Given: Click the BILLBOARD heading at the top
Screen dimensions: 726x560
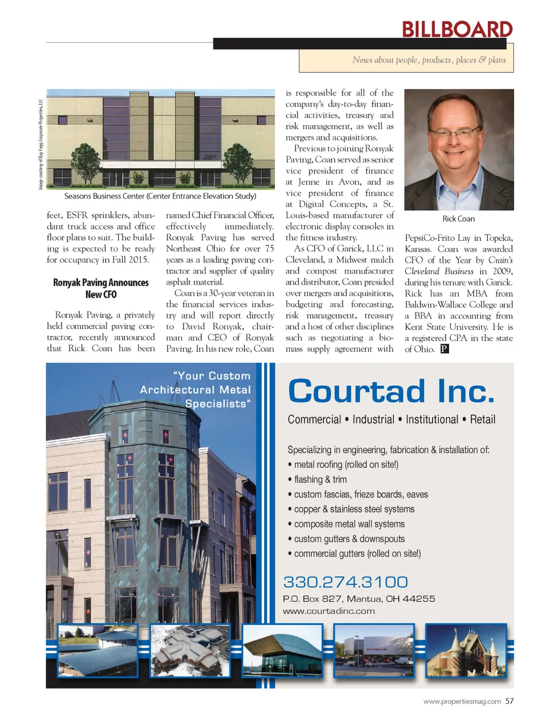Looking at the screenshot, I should pos(457,29).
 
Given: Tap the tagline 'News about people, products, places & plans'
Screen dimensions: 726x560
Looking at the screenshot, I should pos(429,60).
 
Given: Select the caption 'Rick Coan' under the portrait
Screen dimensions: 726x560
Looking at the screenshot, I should pos(458,219).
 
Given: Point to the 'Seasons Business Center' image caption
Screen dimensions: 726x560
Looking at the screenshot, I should pos(160,196).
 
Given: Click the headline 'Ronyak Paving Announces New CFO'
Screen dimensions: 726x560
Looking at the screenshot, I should pos(101,288).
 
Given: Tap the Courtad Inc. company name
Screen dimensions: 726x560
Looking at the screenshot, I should pos(390,391).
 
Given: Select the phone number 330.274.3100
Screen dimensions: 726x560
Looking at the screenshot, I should pos(345,582).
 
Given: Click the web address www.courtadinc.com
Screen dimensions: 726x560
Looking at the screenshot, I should pos(329,611).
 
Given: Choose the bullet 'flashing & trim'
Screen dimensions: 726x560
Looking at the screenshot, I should pos(320,480).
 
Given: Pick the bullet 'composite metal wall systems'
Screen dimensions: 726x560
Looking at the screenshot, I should pos(349,524).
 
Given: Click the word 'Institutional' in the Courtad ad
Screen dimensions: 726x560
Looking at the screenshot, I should pos(431,420).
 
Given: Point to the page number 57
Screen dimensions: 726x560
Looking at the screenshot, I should pos(509,701).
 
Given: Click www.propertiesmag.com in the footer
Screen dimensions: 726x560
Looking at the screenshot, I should pos(462,701).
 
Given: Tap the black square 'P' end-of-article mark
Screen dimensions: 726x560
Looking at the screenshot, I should pos(445,349).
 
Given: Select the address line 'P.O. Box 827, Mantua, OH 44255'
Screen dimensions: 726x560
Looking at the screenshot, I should pos(359,599).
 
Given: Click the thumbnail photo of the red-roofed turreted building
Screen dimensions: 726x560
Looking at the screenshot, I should pos(466,650).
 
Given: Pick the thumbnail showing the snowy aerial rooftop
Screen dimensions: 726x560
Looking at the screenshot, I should pos(190,650).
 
